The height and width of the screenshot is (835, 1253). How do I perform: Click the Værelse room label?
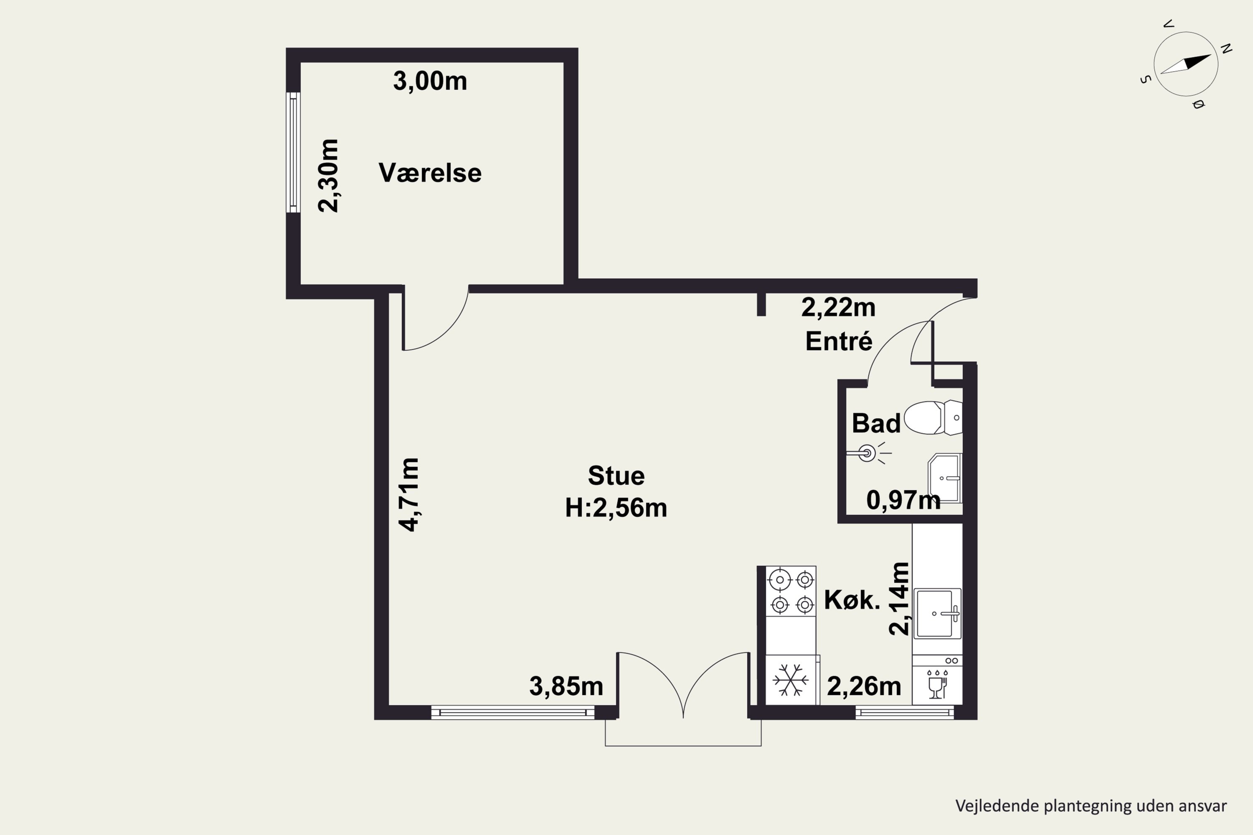tap(430, 173)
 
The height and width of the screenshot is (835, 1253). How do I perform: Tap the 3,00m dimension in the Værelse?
tap(430, 81)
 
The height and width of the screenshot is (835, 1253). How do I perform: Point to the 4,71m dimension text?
tap(410, 495)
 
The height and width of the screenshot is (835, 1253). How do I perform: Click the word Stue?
tap(616, 476)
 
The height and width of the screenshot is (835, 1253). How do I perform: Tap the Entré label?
tap(839, 342)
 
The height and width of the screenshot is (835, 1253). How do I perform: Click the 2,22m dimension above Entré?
tap(839, 308)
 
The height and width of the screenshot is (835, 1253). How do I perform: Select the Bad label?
tap(876, 423)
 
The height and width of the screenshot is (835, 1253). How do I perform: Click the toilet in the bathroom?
tap(933, 417)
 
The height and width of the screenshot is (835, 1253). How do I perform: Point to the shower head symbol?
tap(868, 453)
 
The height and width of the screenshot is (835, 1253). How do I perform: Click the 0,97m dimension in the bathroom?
tap(903, 501)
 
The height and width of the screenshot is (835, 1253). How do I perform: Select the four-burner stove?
tap(791, 592)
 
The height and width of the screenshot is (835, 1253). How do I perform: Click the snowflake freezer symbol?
tap(791, 680)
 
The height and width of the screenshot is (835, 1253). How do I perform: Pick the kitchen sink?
tap(938, 613)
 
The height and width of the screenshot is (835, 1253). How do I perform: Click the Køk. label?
tap(852, 600)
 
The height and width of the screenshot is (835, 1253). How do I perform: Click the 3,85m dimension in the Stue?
tap(566, 686)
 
